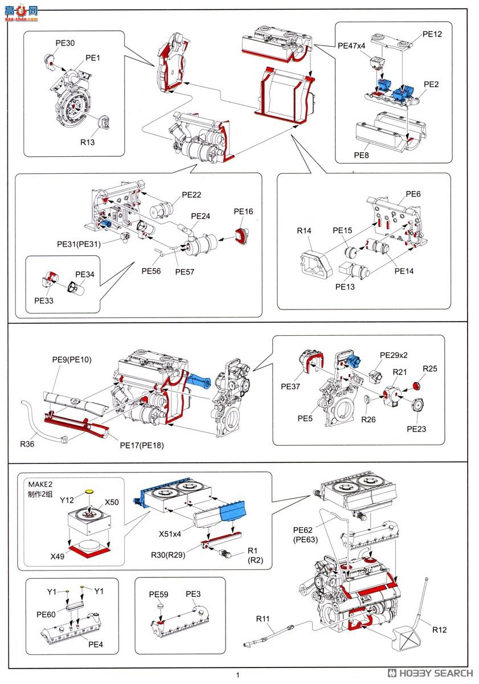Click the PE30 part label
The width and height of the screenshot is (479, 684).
click(x=65, y=43)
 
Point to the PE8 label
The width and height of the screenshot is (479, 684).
click(x=362, y=154)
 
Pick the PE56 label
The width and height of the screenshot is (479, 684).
click(x=151, y=271)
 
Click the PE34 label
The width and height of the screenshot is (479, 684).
click(x=85, y=275)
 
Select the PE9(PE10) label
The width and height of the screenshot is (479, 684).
click(x=72, y=360)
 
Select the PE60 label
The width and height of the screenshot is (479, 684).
click(x=46, y=615)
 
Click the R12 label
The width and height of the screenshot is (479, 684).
click(x=440, y=630)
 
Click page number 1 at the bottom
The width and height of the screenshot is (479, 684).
click(x=238, y=675)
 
